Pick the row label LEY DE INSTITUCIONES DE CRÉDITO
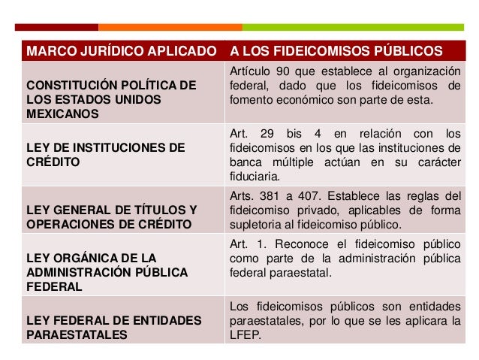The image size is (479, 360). point(104,155)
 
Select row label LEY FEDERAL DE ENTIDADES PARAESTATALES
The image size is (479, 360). point(113,328)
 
